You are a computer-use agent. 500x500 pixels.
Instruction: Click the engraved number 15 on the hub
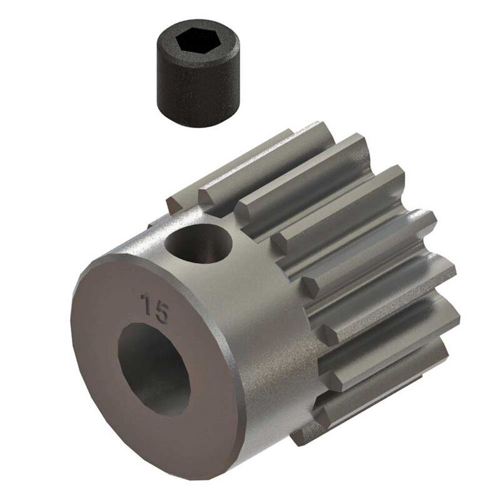[x=154, y=307]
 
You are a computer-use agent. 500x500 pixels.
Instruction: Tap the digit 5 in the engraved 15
[x=161, y=312]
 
